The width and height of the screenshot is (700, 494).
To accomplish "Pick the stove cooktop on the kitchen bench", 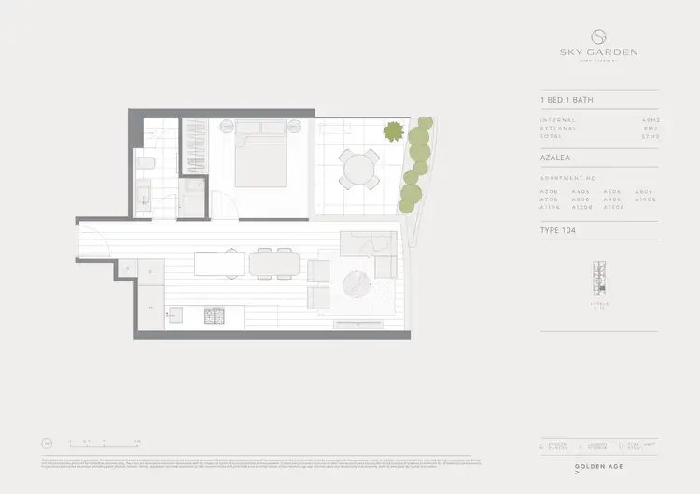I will [214, 318].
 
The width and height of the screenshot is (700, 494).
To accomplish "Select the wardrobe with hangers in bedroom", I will [194, 149].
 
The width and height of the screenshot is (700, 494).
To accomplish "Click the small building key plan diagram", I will [599, 281].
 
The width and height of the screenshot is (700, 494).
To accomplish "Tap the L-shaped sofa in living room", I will [370, 248].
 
